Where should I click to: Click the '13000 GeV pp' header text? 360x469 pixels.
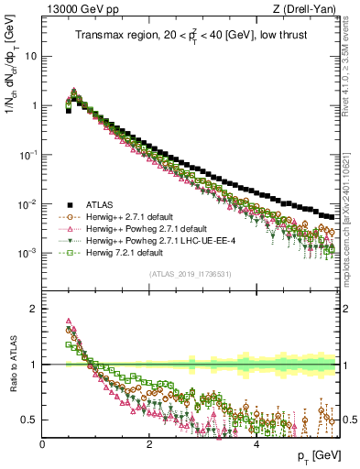(75, 9)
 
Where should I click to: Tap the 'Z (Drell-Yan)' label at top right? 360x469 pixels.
(310, 9)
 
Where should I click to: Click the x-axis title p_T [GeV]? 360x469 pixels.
(318, 456)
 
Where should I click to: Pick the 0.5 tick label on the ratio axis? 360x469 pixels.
(30, 420)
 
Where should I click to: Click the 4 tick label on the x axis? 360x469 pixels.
(256, 442)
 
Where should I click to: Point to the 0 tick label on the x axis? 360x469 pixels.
(43, 442)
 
